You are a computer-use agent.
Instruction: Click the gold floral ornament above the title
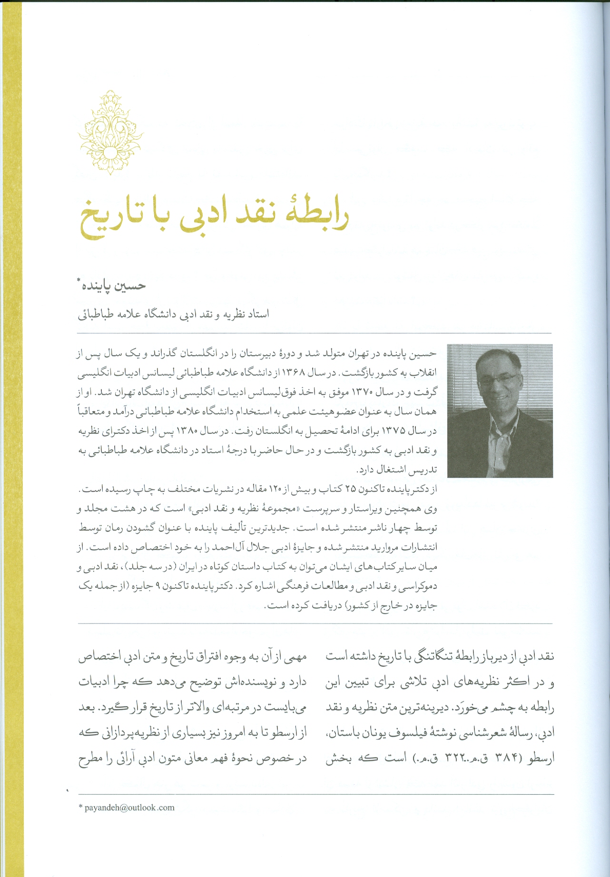[110, 132]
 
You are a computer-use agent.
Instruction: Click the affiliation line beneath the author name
[174, 314]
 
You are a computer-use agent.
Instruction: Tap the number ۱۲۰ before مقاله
[276, 489]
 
